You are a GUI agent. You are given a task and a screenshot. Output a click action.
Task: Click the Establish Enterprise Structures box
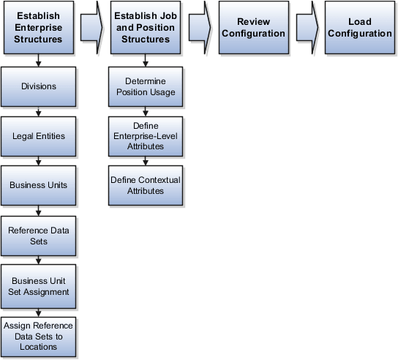(x=38, y=29)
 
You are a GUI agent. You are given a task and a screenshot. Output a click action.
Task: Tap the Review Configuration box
(x=253, y=29)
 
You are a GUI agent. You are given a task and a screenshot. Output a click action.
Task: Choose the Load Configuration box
(x=359, y=29)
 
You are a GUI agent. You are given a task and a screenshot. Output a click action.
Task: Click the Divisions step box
(x=38, y=86)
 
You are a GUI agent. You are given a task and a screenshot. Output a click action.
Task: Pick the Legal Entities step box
(x=38, y=136)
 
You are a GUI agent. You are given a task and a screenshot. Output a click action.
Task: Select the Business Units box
(x=38, y=185)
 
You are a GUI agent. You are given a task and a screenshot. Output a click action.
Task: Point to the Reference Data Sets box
(x=38, y=235)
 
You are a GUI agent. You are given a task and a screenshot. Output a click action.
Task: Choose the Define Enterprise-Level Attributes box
(x=145, y=135)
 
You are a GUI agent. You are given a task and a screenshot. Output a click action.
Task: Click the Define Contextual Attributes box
(x=145, y=184)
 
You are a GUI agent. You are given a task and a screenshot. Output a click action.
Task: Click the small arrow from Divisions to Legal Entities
(x=38, y=111)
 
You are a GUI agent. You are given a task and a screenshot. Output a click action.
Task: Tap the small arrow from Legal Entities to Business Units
(x=38, y=161)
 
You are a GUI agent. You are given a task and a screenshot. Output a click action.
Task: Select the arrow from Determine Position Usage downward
(x=145, y=110)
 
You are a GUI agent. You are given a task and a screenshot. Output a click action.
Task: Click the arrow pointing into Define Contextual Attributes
(x=145, y=160)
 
